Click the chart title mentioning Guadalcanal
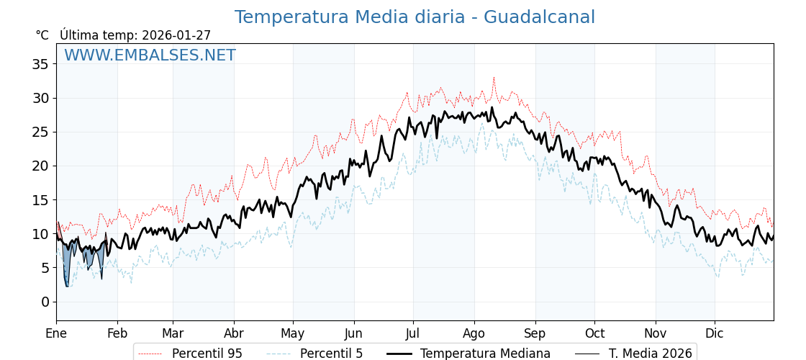[x=415, y=17]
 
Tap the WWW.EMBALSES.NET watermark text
[x=150, y=56]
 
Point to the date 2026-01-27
[x=176, y=35]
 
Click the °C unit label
[x=42, y=35]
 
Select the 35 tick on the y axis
[x=41, y=64]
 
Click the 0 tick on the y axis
[x=45, y=302]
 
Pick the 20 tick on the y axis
[x=41, y=166]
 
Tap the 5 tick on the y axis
[x=45, y=268]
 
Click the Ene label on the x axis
[x=56, y=333]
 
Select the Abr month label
[x=234, y=333]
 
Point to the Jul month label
[x=413, y=333]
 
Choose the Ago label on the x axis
[x=474, y=333]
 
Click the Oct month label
[x=594, y=333]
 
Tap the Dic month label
[x=715, y=333]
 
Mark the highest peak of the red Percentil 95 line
[x=494, y=77]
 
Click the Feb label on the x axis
[x=117, y=333]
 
